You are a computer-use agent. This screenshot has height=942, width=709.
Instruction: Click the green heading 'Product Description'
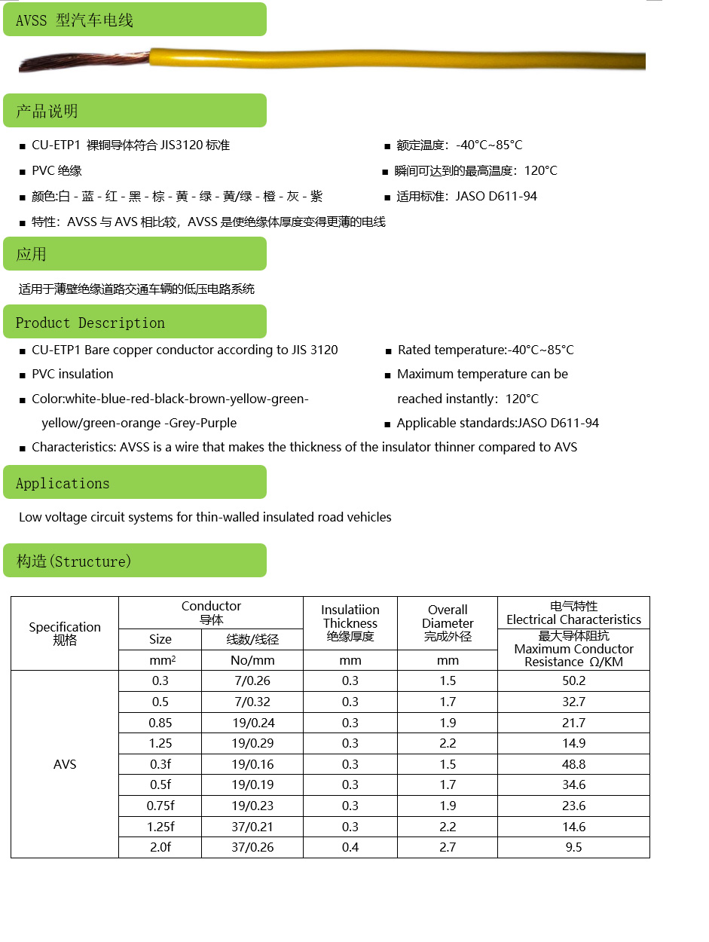[x=90, y=323]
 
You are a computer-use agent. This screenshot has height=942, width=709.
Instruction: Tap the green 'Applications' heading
[x=63, y=483]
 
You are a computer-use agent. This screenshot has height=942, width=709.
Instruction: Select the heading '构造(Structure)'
[x=74, y=561]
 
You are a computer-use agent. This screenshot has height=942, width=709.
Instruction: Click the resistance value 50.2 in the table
[x=573, y=681]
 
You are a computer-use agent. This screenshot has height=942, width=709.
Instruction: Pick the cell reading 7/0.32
[x=252, y=702]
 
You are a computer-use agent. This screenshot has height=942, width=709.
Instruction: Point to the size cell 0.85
[x=160, y=723]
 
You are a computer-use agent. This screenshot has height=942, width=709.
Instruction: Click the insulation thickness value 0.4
[x=350, y=847]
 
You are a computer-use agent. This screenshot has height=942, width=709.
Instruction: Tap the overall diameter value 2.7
[x=448, y=847]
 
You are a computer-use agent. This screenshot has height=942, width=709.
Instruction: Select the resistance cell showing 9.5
[x=573, y=847]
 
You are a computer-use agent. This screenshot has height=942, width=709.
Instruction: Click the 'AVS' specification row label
[x=65, y=764]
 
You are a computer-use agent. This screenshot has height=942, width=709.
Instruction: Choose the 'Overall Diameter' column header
[x=448, y=622]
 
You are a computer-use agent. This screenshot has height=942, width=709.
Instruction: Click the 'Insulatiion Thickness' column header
[x=350, y=622]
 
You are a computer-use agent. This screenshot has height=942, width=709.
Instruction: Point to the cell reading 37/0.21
[x=252, y=827]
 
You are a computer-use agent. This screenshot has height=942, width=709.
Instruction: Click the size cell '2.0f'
[x=160, y=847]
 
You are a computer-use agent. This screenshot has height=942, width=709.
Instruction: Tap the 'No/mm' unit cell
[x=252, y=660]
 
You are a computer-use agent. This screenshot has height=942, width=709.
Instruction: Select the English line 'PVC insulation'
[x=72, y=374]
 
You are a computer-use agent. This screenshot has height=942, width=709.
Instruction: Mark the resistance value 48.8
[x=573, y=764]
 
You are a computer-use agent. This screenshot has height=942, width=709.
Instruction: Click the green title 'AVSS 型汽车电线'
[x=75, y=20]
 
